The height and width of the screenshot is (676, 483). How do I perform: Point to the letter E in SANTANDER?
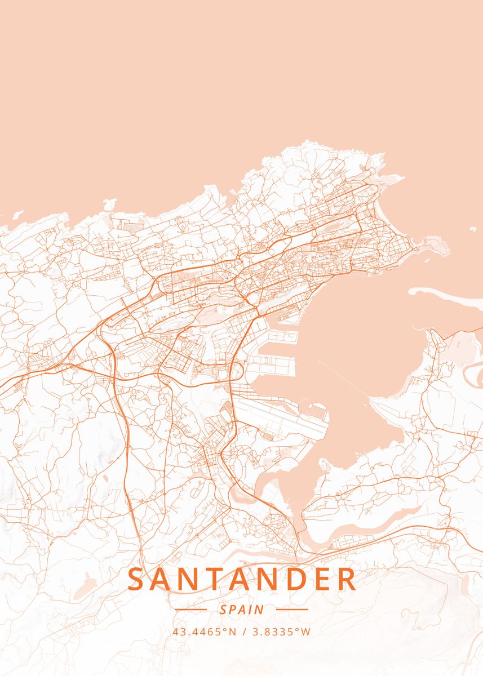coord(317,580)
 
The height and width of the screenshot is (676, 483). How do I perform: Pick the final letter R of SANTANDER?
coord(347,580)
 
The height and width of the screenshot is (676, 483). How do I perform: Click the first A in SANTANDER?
coord(164,580)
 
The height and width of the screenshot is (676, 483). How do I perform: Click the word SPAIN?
coord(242,610)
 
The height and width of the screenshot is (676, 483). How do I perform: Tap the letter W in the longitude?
coord(305,631)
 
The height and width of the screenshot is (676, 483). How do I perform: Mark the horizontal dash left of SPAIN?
coord(191,610)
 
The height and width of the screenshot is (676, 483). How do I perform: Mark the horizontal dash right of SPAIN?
coord(293,610)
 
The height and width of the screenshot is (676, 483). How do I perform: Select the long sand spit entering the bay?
coord(445,293)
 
